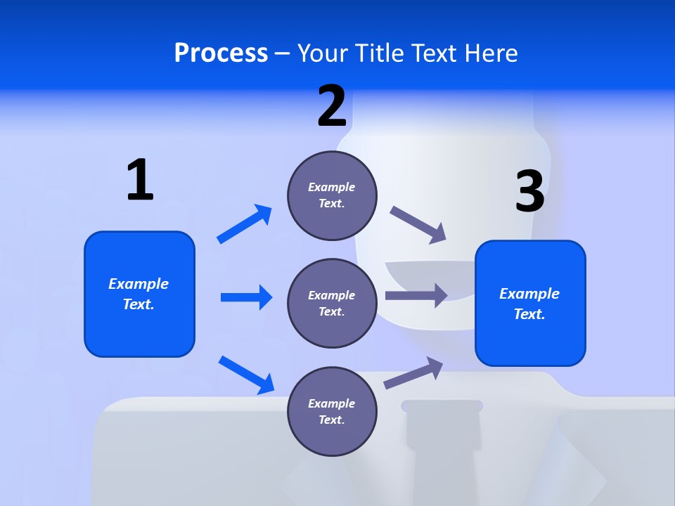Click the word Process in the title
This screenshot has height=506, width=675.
[221, 53]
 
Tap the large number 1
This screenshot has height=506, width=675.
[140, 180]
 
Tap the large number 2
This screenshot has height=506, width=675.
[332, 106]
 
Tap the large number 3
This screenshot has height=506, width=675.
[529, 191]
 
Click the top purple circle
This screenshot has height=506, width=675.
[332, 195]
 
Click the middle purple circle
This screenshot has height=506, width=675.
[332, 304]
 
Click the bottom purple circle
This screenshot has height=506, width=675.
[332, 412]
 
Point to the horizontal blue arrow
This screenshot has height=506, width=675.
[246, 297]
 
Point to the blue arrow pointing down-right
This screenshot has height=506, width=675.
[247, 375]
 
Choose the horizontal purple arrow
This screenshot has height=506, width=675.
[416, 295]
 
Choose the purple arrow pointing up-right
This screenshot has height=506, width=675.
[414, 372]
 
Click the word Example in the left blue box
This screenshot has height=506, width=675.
[139, 284]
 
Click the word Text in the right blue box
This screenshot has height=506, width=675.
[529, 314]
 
